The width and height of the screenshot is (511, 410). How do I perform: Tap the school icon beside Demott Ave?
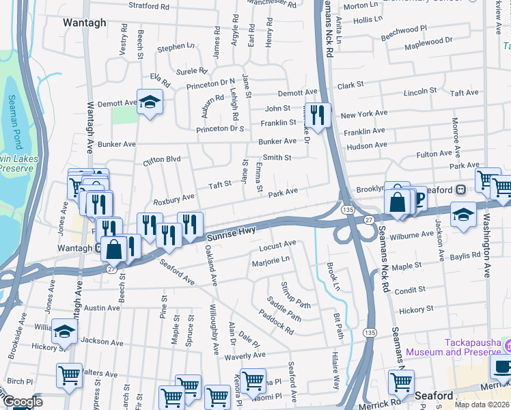150,102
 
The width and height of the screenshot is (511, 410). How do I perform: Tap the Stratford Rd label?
148,7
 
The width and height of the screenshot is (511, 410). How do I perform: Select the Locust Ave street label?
277,244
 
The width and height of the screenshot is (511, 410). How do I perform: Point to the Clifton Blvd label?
161,160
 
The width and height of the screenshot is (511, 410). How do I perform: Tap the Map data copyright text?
482,405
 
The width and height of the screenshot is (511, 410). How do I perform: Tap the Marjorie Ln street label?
271,260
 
